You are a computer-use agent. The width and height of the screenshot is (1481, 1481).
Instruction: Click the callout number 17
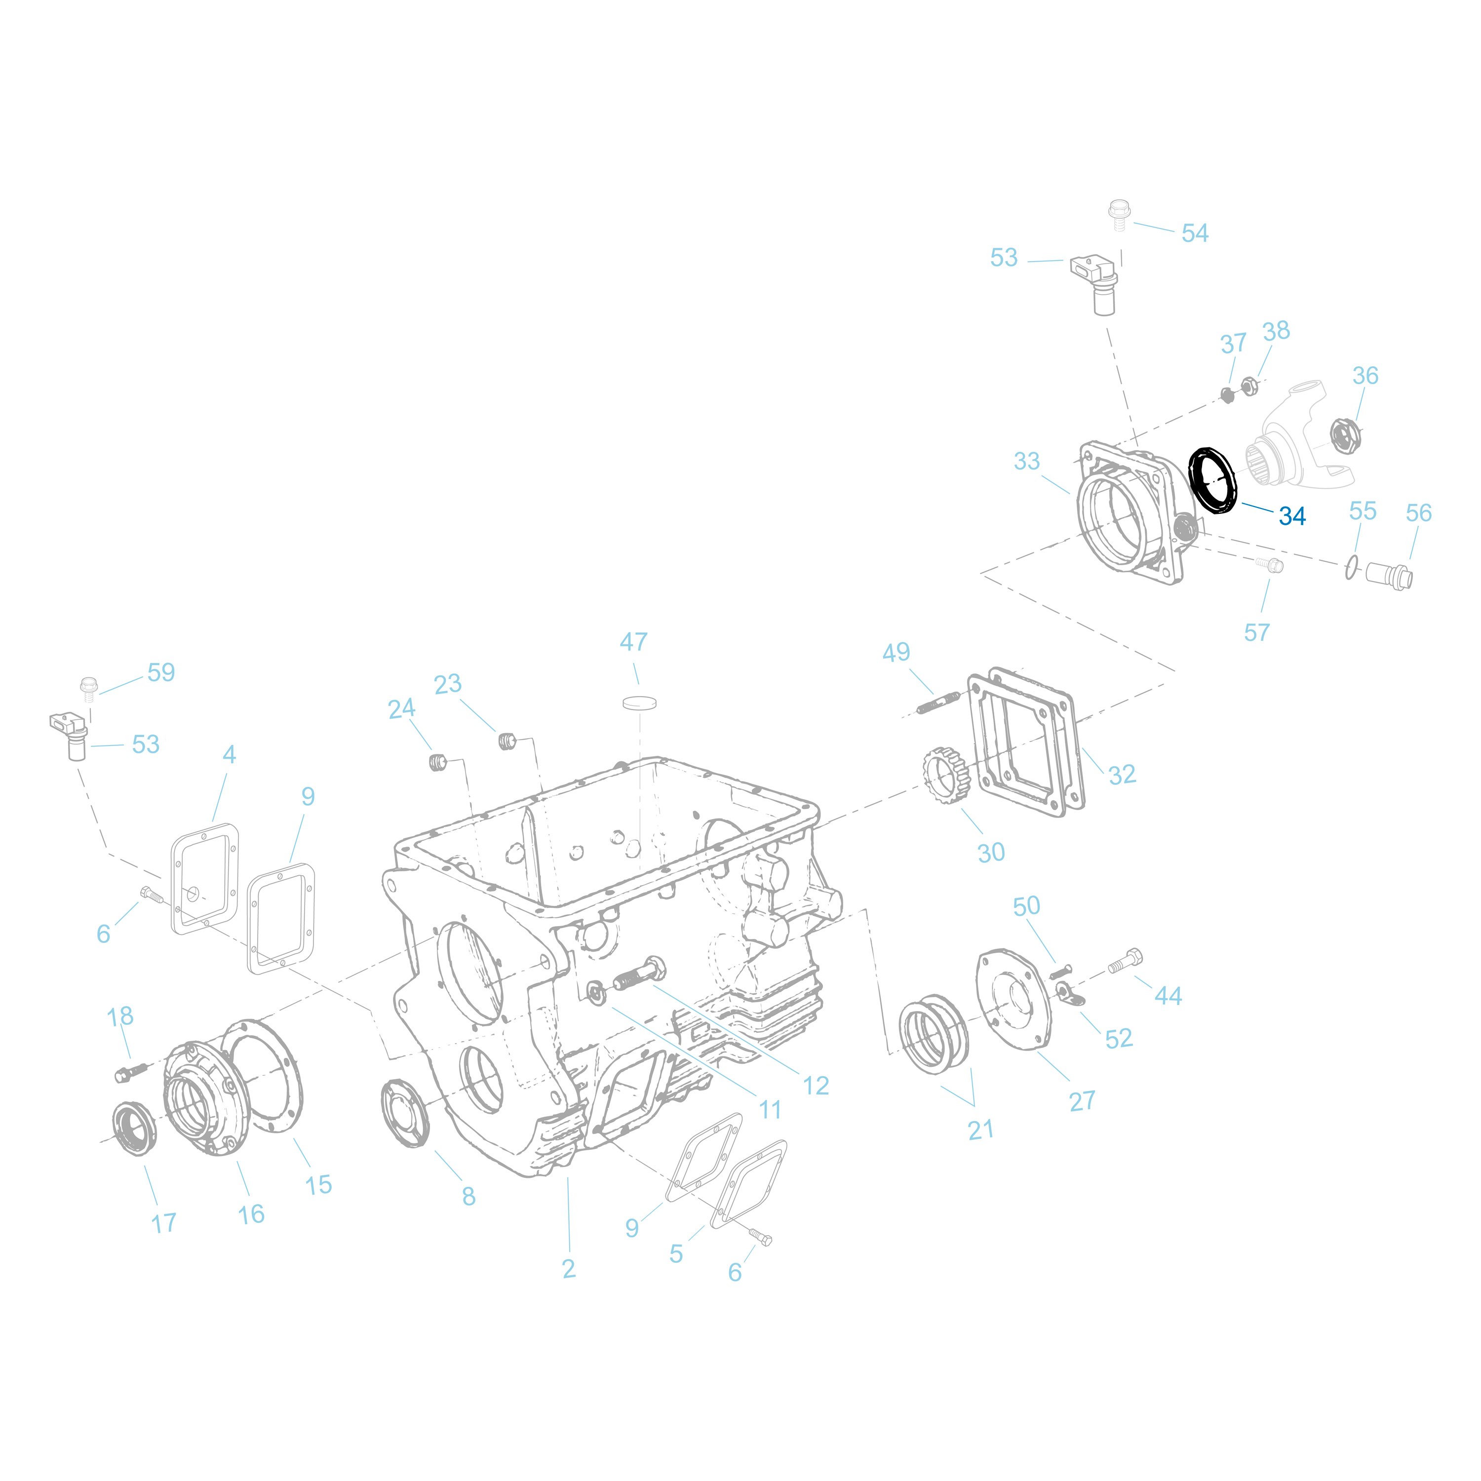coord(164,1223)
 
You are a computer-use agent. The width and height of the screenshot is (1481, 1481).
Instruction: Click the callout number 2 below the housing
coord(568,1269)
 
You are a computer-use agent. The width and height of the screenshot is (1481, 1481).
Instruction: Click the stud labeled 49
coord(937,702)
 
